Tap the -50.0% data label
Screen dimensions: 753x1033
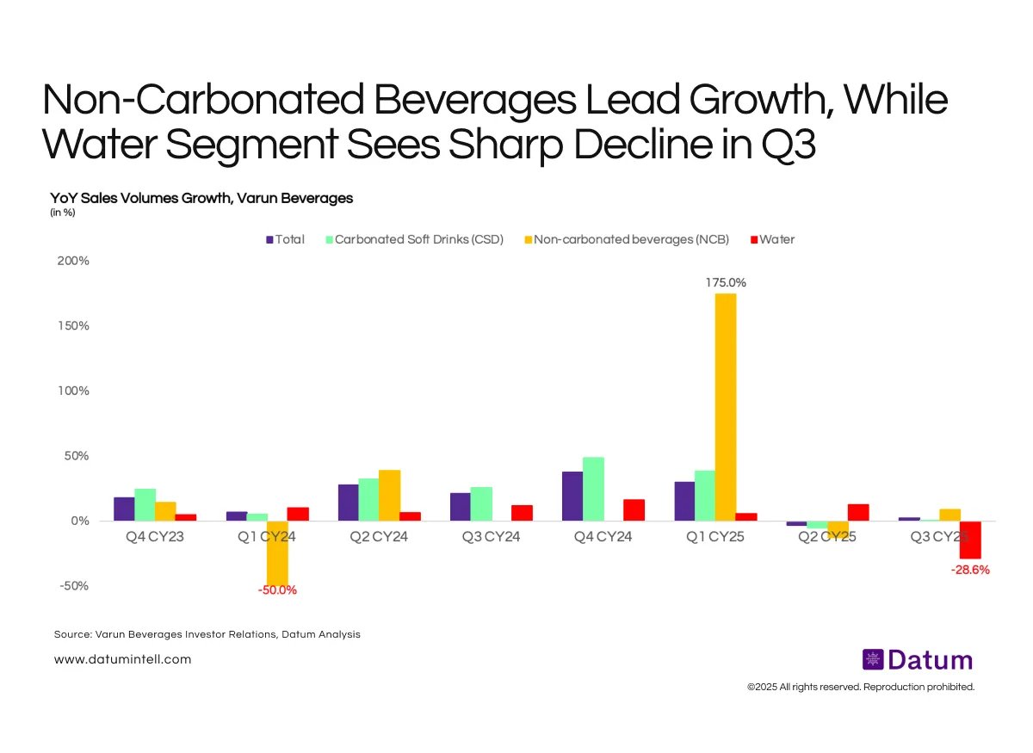tap(277, 590)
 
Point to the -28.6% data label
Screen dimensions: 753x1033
tap(970, 570)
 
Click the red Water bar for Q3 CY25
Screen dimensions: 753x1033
tap(970, 540)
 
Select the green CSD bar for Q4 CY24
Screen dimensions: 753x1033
tap(593, 489)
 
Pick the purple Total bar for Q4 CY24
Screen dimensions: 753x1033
tap(572, 496)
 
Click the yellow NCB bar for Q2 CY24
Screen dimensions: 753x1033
tap(389, 495)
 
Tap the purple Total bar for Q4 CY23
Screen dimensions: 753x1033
tap(124, 509)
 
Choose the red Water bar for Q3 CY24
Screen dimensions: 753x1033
tap(522, 513)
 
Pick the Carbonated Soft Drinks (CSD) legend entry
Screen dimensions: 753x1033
tap(412, 239)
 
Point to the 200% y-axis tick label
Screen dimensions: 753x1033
tap(73, 261)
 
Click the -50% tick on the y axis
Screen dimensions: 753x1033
tap(73, 586)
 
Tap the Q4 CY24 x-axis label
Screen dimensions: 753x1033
tap(603, 537)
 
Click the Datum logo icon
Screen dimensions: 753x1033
tap(873, 660)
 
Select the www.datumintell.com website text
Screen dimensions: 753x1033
tap(122, 659)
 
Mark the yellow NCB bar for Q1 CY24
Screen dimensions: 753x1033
tap(277, 552)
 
